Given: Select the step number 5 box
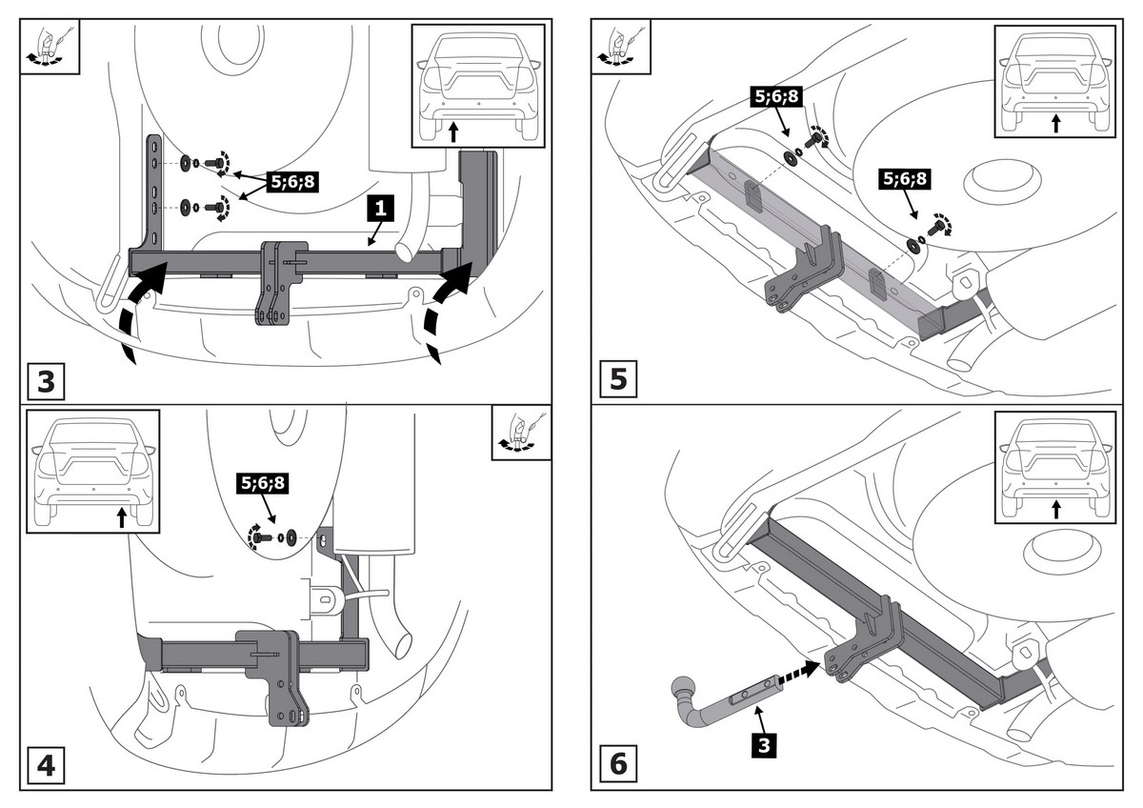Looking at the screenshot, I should point(618,379).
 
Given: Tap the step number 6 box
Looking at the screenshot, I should point(618,763).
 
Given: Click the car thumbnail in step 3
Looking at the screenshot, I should point(477,85).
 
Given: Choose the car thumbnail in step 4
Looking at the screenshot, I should point(93,470).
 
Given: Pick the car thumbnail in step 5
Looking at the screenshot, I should point(1054,82).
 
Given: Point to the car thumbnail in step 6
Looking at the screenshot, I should point(1054,467).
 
